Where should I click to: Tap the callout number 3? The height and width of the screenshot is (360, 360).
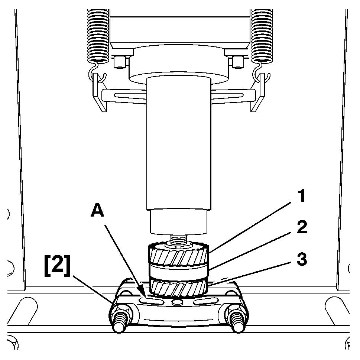302,259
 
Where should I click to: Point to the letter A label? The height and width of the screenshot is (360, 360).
97,211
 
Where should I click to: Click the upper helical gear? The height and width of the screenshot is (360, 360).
178,254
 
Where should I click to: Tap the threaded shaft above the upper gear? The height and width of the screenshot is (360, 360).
179,240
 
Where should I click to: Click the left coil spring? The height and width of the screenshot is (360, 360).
98,36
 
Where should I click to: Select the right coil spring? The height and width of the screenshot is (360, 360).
262,36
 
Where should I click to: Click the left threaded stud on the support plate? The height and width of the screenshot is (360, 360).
120,320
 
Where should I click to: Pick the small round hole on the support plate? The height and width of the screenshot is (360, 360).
177,302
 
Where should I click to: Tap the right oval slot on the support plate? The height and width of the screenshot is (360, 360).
205,301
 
